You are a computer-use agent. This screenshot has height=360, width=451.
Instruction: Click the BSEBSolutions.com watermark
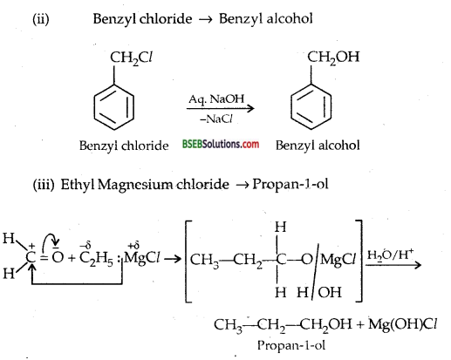221,145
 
